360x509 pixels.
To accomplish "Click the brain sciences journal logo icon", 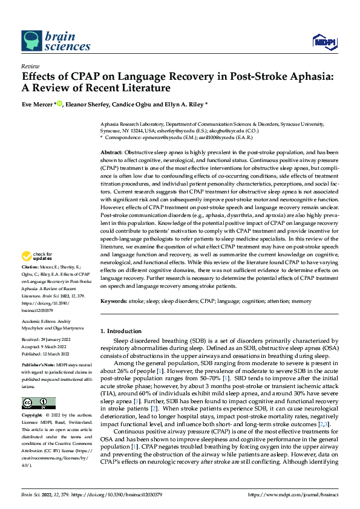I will click(32, 41).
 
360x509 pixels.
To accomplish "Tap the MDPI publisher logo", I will click(322, 41).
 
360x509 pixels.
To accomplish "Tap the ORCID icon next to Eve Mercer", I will click(60, 103).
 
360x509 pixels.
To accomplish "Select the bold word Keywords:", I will click(114, 301).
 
